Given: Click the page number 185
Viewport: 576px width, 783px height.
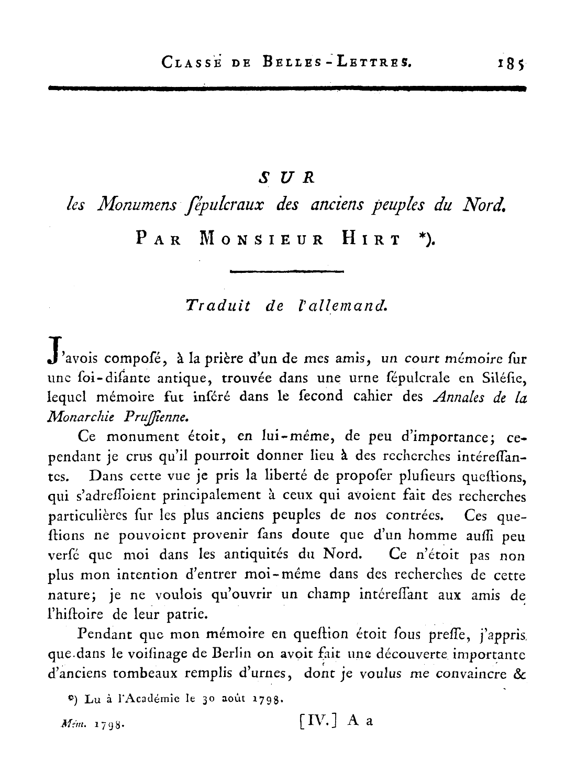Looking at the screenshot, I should tap(511, 63).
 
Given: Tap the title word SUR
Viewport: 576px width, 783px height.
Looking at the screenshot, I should tap(287, 178).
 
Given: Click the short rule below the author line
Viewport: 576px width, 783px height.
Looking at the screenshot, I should tap(286, 271).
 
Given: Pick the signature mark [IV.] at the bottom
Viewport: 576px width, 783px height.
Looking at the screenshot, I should tap(318, 721).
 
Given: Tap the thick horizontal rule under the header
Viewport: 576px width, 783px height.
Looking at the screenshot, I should tap(286, 89).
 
